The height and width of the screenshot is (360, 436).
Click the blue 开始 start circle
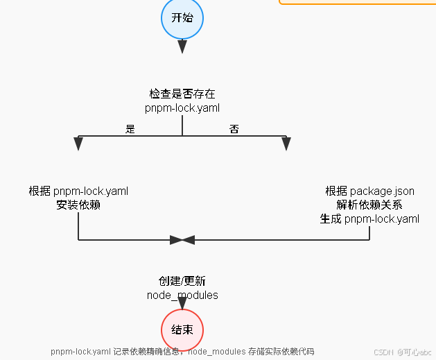click(182, 18)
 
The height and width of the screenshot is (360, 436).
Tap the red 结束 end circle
click(182, 330)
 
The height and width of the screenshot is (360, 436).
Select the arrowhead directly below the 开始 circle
click(182, 46)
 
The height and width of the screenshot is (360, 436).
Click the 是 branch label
click(130, 129)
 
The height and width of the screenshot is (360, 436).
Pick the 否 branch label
click(234, 129)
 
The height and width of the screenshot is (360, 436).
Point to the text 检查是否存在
click(182, 94)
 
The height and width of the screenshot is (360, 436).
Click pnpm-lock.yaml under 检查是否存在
click(182, 108)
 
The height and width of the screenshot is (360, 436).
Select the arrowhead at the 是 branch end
click(78, 143)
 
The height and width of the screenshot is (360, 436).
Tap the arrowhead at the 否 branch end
click(286, 143)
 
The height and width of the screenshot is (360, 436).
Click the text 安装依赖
click(78, 205)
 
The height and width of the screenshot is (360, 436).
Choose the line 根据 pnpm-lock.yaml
click(78, 191)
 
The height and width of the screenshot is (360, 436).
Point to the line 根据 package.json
click(369, 191)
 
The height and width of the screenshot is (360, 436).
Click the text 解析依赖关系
click(369, 205)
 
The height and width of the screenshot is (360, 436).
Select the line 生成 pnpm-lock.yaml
click(369, 218)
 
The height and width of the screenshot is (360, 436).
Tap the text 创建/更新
click(182, 281)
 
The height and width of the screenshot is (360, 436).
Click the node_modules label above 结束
click(182, 295)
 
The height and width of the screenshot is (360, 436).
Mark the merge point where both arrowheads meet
click(182, 240)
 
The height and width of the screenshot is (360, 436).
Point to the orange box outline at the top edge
click(357, 3)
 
